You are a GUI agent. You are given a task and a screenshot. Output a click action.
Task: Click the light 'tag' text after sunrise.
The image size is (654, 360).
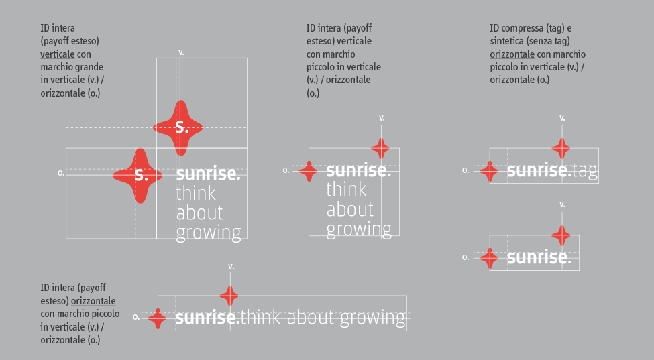[x=585, y=171]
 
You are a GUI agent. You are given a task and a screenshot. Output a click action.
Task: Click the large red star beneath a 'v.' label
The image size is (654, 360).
[x=178, y=128]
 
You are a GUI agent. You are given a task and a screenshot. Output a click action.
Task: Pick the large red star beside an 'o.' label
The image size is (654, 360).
[x=138, y=176]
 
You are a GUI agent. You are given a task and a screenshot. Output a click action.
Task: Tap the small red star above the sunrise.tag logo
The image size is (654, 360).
[x=561, y=148]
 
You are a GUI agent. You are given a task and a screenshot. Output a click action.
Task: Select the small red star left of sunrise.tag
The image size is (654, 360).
[x=489, y=171]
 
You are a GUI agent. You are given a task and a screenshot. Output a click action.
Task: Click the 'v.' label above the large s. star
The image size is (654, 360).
[x=181, y=52]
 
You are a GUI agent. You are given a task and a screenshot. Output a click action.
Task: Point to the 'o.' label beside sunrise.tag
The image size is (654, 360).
[x=466, y=170]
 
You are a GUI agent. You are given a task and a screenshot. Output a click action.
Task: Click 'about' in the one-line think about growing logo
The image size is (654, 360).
[x=311, y=318]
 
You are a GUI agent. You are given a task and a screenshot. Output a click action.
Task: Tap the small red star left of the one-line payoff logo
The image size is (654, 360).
[x=157, y=318]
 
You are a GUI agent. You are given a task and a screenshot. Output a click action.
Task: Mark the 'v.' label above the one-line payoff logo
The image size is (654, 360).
[x=231, y=267]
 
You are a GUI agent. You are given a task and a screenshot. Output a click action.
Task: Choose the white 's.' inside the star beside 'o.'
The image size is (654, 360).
[x=142, y=175]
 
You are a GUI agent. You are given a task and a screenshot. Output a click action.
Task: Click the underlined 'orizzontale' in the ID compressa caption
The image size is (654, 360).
[x=512, y=54]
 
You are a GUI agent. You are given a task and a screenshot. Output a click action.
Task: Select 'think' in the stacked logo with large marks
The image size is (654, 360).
[x=196, y=193]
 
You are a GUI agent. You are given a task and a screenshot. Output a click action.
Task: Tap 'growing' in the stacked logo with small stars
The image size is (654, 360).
[x=359, y=229]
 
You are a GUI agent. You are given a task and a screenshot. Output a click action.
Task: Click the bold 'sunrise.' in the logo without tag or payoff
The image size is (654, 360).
[x=539, y=258]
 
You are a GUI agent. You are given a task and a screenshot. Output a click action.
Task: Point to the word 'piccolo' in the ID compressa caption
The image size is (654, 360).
[x=504, y=68]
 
